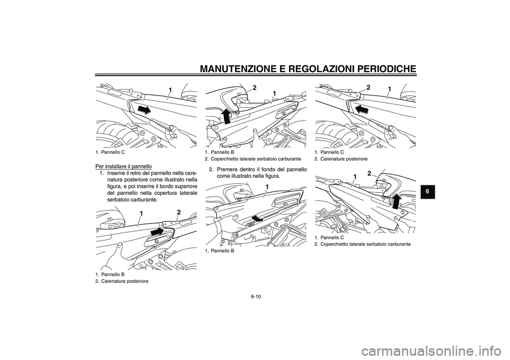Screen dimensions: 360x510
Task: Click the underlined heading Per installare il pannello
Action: (123, 166)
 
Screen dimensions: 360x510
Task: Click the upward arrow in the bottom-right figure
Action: (395, 201)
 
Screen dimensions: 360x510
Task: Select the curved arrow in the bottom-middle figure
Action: (257, 217)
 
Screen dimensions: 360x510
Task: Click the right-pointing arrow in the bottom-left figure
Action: (158, 232)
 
